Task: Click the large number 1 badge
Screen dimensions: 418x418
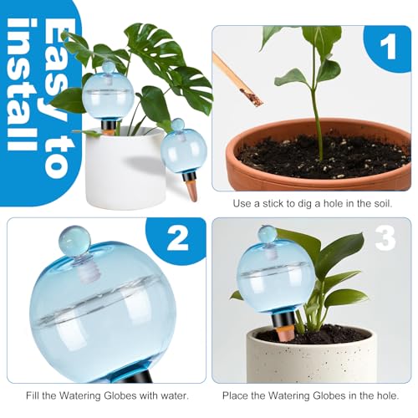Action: (x=387, y=48)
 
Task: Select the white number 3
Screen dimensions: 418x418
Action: (x=385, y=237)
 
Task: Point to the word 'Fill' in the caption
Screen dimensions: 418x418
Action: (x=33, y=395)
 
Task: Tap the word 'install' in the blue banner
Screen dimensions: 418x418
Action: (x=22, y=84)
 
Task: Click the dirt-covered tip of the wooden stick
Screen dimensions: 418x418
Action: (x=252, y=97)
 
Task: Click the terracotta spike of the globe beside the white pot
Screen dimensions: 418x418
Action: (x=191, y=190)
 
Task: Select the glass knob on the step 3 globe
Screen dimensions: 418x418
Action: (x=268, y=234)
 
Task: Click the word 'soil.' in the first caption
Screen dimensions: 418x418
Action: (x=382, y=203)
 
